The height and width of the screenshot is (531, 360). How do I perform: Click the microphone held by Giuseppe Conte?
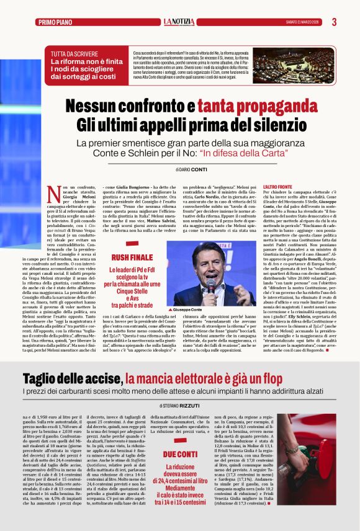click(210, 284)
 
